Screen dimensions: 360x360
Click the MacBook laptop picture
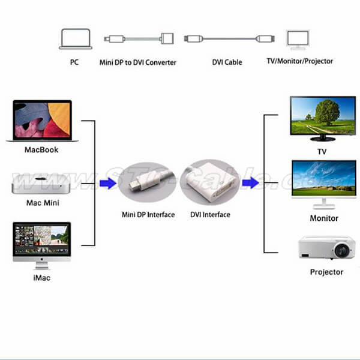point(42,121)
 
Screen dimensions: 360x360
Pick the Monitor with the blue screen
point(323,182)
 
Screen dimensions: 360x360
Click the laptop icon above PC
point(75,39)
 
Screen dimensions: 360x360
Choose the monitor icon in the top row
point(298,39)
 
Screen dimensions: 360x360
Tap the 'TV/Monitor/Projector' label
point(299,61)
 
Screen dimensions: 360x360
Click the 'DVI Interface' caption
point(210,214)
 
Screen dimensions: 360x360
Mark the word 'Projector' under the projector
point(326,272)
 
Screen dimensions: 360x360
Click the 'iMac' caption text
point(41,279)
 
